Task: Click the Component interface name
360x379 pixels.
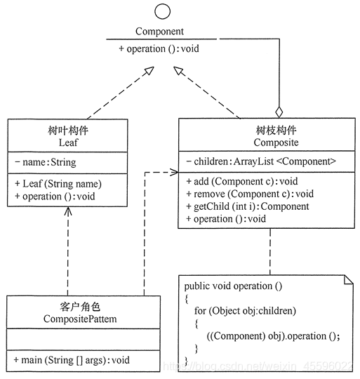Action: click(x=160, y=32)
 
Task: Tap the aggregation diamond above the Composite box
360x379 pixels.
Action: click(x=279, y=111)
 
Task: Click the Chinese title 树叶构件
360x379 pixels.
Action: click(x=67, y=129)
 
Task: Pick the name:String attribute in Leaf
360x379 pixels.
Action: click(x=46, y=162)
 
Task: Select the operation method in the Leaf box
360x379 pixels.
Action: click(x=54, y=196)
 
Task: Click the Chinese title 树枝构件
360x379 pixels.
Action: click(x=267, y=129)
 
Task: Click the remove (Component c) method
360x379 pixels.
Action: click(x=249, y=194)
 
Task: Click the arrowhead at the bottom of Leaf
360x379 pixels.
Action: click(x=68, y=213)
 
